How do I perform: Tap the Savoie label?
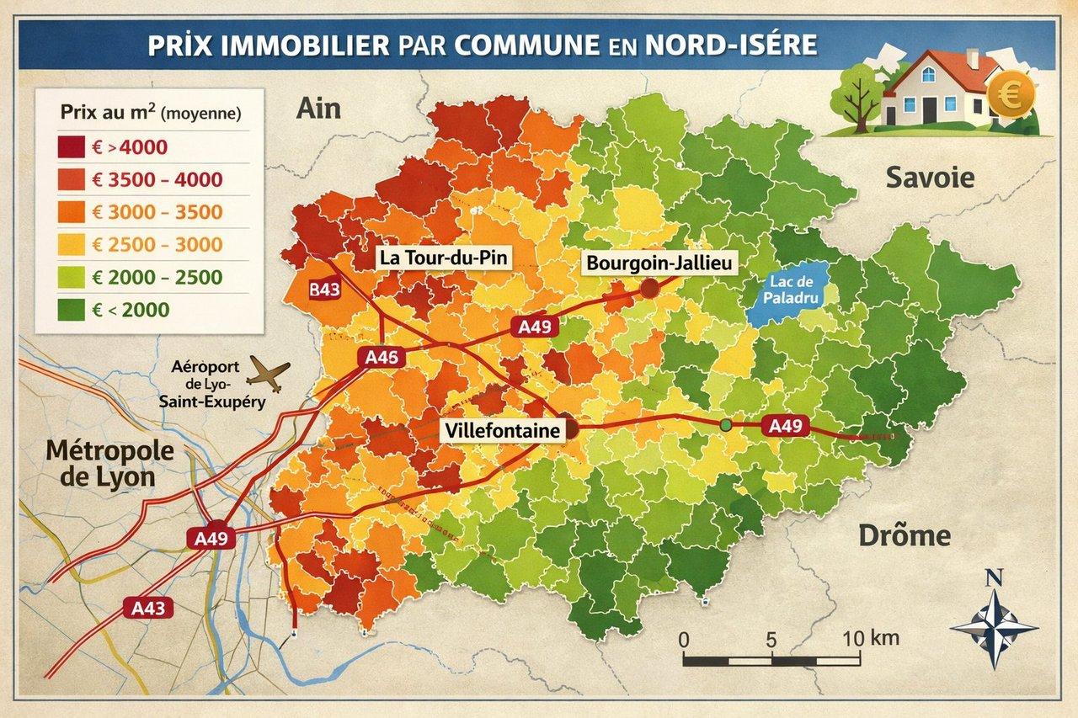(929, 178)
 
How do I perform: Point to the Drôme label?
(904, 535)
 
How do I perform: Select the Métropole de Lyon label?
(110, 463)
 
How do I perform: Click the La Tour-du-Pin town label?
(443, 258)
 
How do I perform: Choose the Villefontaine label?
(503, 431)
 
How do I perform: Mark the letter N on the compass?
(994, 577)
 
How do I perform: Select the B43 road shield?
(324, 290)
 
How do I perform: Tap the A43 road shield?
(147, 606)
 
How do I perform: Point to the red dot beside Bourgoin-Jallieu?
(648, 289)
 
